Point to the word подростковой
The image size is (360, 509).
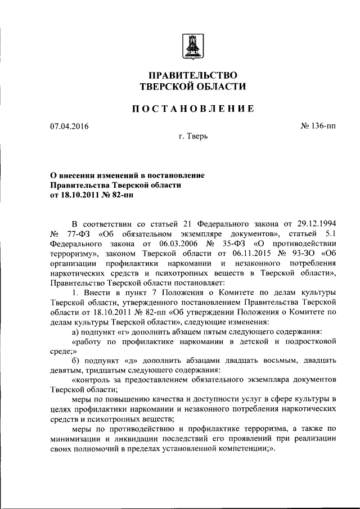click(308, 341)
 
